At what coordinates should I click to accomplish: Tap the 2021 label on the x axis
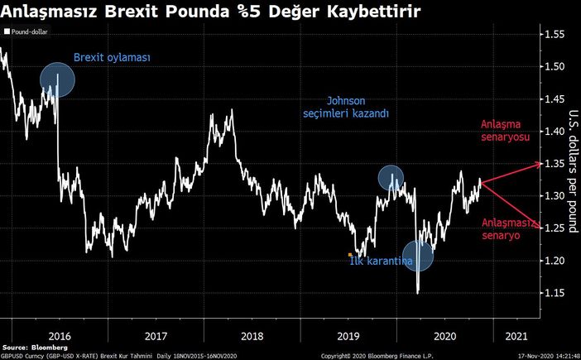[514, 337]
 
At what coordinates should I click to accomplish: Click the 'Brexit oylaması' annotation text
[112, 58]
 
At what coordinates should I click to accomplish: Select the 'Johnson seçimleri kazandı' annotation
[346, 106]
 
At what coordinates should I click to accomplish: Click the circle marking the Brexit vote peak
[57, 79]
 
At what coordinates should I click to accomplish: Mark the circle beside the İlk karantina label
[418, 256]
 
